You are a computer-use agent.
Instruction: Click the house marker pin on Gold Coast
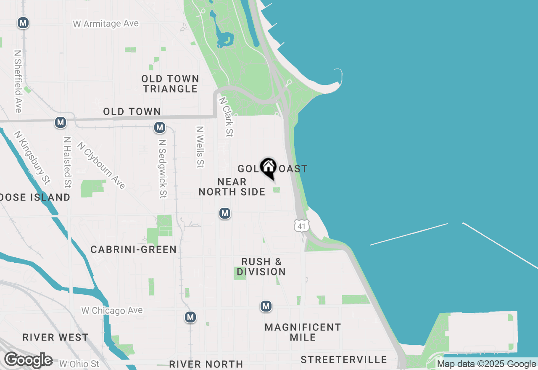pyautogui.click(x=268, y=168)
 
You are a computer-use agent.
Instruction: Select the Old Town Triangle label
pyautogui.click(x=170, y=84)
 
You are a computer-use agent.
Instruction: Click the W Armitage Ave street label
pyautogui.click(x=106, y=24)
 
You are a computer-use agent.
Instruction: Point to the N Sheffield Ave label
pyautogui.click(x=18, y=82)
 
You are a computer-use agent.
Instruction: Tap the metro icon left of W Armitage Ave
pyautogui.click(x=23, y=23)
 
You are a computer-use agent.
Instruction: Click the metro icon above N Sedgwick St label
pyautogui.click(x=159, y=127)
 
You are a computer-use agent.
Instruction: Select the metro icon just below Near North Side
pyautogui.click(x=225, y=213)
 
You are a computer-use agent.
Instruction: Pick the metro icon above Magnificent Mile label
pyautogui.click(x=266, y=306)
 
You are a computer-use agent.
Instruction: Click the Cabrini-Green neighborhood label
pyautogui.click(x=134, y=250)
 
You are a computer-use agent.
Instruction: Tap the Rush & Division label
pyautogui.click(x=261, y=267)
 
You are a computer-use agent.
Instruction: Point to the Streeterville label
pyautogui.click(x=344, y=359)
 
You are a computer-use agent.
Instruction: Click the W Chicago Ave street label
pyautogui.click(x=112, y=311)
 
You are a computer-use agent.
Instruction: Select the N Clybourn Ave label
pyautogui.click(x=101, y=165)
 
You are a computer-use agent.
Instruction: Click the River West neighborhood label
pyautogui.click(x=55, y=337)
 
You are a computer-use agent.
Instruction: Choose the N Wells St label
pyautogui.click(x=200, y=147)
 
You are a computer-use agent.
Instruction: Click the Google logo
pyautogui.click(x=28, y=360)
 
